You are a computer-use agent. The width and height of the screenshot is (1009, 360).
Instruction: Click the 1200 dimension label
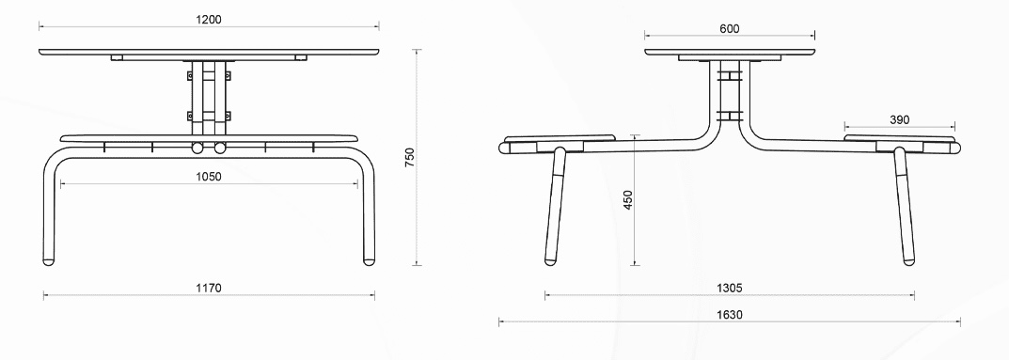click(209, 20)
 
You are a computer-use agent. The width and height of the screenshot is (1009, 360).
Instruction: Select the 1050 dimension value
click(209, 177)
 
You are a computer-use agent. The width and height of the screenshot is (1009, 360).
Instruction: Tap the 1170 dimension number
click(209, 288)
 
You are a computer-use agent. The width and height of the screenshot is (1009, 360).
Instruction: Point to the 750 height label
click(410, 158)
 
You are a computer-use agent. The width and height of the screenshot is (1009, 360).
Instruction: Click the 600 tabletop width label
click(730, 28)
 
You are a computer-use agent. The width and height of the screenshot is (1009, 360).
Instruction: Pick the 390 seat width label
click(900, 119)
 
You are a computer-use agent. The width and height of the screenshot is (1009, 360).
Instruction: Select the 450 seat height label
click(628, 199)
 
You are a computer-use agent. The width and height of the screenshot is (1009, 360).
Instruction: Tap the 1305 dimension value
click(729, 288)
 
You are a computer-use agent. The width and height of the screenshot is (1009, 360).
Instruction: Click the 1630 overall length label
click(729, 314)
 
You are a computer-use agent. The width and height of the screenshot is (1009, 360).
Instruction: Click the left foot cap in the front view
click(48, 261)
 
